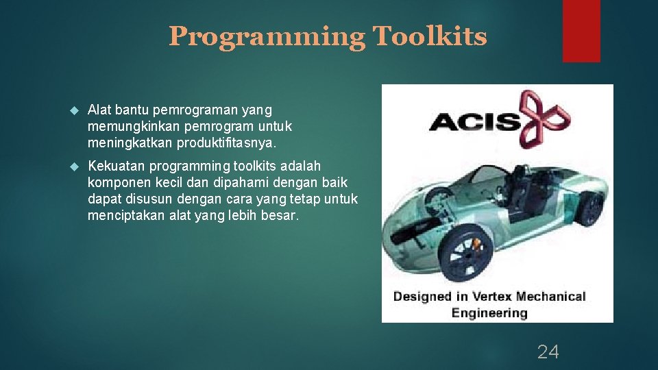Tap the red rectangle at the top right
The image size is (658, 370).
(581, 30)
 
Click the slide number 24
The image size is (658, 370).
(548, 352)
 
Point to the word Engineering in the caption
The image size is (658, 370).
(489, 313)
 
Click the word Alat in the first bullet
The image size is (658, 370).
(100, 110)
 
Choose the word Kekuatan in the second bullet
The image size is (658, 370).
(117, 166)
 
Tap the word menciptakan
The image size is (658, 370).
(127, 215)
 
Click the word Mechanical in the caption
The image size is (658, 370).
(553, 297)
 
